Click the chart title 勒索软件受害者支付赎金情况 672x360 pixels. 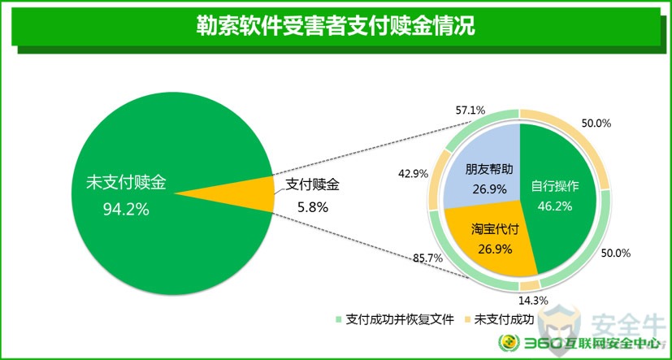point(336,27)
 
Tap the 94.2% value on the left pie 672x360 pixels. point(126,209)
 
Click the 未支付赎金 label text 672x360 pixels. point(126,184)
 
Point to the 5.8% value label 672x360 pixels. point(312,208)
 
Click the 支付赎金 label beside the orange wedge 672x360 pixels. point(312,185)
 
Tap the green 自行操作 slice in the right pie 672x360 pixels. point(557,202)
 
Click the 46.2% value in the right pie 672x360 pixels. point(555,206)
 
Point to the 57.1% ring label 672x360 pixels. point(470,111)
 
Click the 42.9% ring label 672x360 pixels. point(413,174)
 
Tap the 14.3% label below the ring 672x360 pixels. point(533,301)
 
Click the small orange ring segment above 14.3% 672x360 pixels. point(530,285)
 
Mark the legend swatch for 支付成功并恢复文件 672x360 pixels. point(338,319)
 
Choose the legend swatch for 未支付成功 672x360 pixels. point(466,319)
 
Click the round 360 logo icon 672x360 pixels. point(509,343)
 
